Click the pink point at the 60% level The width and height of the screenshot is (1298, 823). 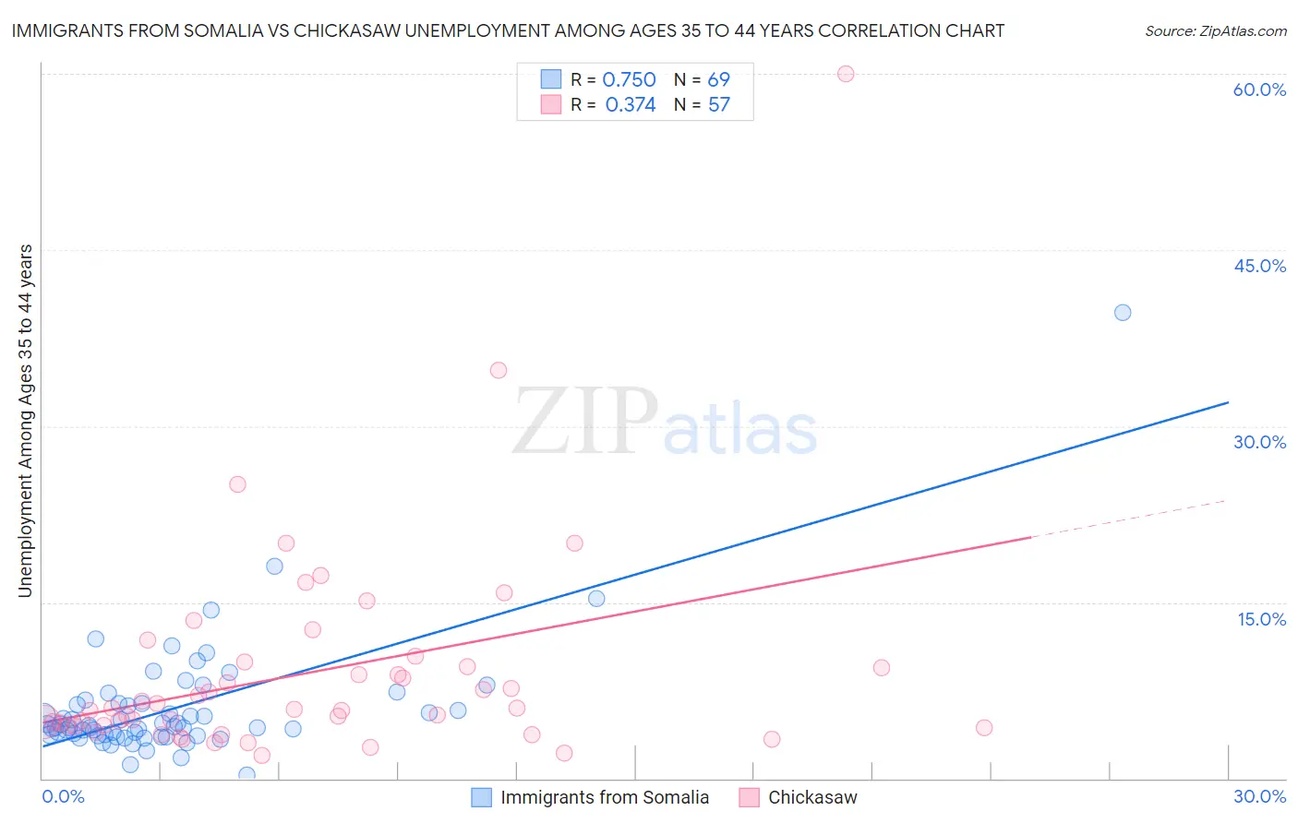[x=846, y=74]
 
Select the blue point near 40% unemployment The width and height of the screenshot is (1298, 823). [x=1123, y=313]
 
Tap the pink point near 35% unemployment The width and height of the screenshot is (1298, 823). [x=499, y=370]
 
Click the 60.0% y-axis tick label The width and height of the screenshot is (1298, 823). [x=1259, y=89]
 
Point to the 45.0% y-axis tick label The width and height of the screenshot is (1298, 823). [x=1259, y=266]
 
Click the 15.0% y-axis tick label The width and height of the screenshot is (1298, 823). [x=1261, y=619]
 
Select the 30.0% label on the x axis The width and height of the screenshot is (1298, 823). [x=1259, y=796]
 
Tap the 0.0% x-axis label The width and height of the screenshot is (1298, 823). [x=63, y=796]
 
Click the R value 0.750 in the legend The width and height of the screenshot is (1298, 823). [x=629, y=80]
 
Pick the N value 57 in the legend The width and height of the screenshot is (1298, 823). [x=719, y=105]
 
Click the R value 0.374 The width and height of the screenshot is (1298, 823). [x=631, y=105]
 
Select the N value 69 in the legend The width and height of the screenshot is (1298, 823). [x=719, y=80]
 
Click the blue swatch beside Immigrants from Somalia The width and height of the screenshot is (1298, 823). [x=481, y=797]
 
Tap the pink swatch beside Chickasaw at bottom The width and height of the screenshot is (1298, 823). [x=749, y=797]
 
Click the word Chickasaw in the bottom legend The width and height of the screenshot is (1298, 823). [x=812, y=797]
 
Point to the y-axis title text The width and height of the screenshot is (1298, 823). [x=25, y=421]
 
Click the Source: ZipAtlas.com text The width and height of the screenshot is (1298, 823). [x=1215, y=31]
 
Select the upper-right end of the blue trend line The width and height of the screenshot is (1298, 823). [x=1228, y=402]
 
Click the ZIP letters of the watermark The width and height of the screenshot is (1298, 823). [x=585, y=422]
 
